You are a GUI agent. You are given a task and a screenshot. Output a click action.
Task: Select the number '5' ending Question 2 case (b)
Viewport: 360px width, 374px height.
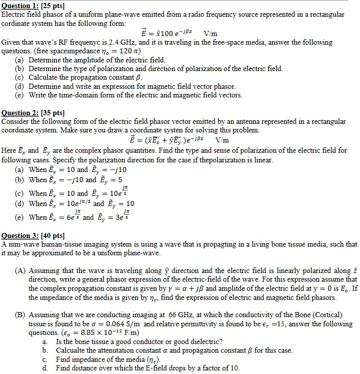(120, 180)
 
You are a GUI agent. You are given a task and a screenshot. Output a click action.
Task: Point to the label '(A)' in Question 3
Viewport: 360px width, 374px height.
(20, 271)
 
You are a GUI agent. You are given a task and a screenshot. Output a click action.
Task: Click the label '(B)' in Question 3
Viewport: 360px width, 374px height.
(20, 315)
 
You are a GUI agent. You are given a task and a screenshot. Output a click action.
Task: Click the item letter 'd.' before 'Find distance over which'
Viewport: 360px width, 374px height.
(45, 368)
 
